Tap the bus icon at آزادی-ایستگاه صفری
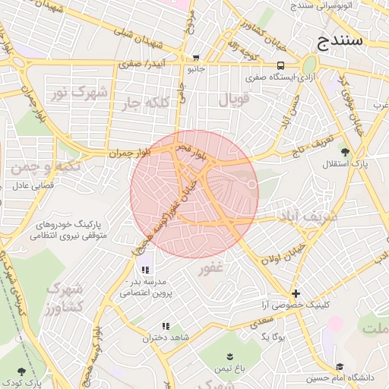tap(281, 66)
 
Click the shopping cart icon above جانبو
tap(197, 58)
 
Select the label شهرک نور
tap(69, 93)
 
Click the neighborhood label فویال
tap(233, 100)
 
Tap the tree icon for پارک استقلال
tap(346, 152)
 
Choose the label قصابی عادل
tap(30, 185)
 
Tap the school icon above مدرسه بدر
tap(145, 270)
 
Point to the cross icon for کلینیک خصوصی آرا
tap(296, 293)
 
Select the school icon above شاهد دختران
tap(166, 326)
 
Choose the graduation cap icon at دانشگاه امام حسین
tap(339, 367)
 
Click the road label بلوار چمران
tap(129, 153)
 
